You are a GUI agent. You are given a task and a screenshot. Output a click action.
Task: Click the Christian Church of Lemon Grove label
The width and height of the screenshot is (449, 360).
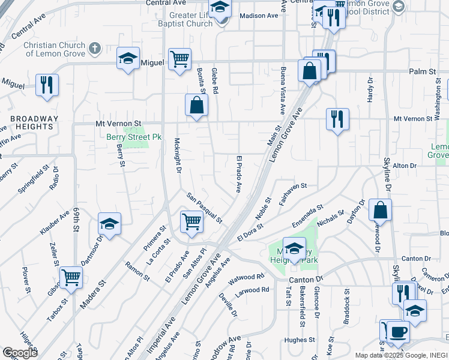click(53, 49)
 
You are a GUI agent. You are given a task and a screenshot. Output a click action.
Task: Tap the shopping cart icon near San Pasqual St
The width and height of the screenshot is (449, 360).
click(191, 221)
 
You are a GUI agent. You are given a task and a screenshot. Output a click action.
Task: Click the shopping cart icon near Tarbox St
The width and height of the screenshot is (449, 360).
click(71, 277)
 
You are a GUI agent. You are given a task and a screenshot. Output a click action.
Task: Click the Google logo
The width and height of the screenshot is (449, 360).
click(20, 353)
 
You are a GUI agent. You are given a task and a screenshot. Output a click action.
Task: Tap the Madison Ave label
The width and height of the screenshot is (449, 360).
click(259, 16)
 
